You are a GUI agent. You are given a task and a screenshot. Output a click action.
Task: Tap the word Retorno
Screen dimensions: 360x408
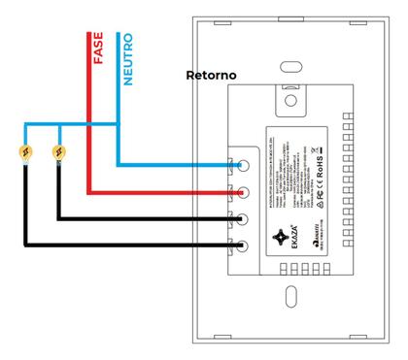coord(211,75)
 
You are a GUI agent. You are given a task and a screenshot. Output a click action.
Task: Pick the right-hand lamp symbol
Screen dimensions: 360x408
coord(60,151)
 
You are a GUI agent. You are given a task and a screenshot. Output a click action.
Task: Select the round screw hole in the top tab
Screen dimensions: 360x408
coord(291,97)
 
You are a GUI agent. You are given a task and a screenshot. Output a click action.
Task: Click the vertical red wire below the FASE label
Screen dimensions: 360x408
coord(87,136)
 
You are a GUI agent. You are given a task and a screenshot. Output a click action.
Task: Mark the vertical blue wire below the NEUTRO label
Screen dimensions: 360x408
coord(118,126)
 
